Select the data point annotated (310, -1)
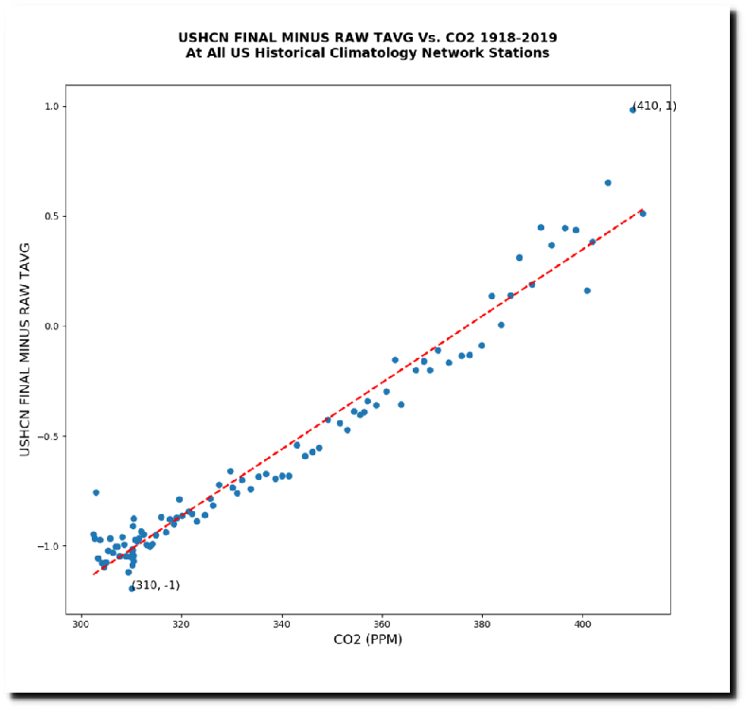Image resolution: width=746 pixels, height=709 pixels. [x=132, y=588]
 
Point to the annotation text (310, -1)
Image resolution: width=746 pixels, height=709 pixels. [x=155, y=585]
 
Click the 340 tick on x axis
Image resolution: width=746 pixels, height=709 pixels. [x=282, y=626]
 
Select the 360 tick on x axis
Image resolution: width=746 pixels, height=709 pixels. [x=382, y=626]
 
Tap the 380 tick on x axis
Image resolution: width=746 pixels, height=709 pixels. [x=483, y=626]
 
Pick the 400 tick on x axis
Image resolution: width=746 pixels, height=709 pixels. [x=583, y=626]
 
